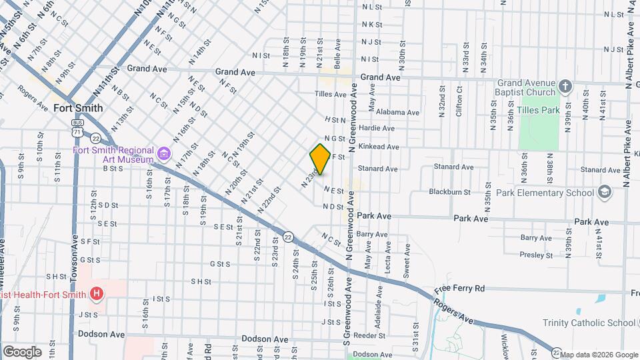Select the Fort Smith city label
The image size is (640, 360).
[x=79, y=108]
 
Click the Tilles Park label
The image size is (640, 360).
[x=537, y=109]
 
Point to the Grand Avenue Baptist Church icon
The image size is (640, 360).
[x=565, y=85]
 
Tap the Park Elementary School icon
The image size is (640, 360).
[x=604, y=193]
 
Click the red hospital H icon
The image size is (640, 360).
[x=97, y=294]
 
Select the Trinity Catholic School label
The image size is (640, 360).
[x=589, y=323]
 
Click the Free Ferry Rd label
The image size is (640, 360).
[x=460, y=289]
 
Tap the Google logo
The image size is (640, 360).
[x=22, y=352]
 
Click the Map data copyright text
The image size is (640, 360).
[x=597, y=355]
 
